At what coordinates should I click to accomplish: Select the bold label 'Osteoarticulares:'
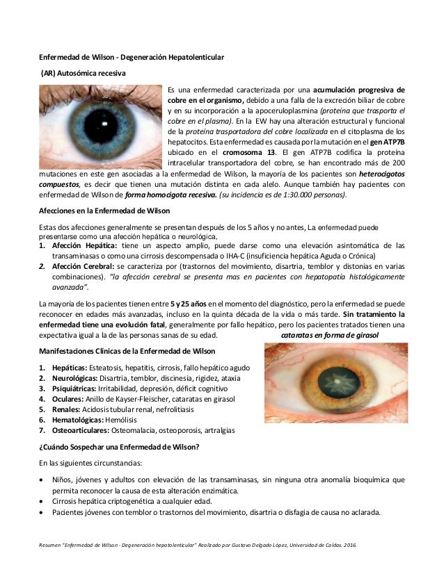tap(81, 430)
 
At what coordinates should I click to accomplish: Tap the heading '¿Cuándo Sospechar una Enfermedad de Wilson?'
tap(118, 447)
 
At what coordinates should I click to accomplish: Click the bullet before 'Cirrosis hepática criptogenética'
tap(43, 501)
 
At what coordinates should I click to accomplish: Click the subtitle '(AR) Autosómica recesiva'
tap(83, 71)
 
